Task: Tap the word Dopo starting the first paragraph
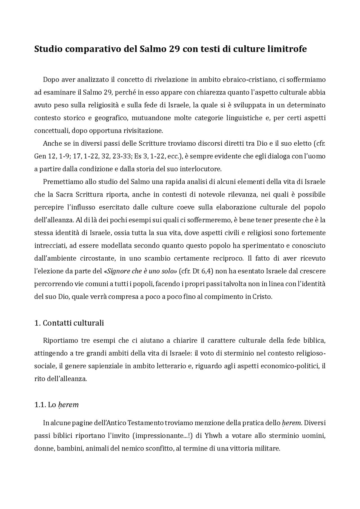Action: [51, 80]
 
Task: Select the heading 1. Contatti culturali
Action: [69, 323]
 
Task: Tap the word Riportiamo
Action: [60, 341]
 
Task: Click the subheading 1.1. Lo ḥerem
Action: [56, 405]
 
